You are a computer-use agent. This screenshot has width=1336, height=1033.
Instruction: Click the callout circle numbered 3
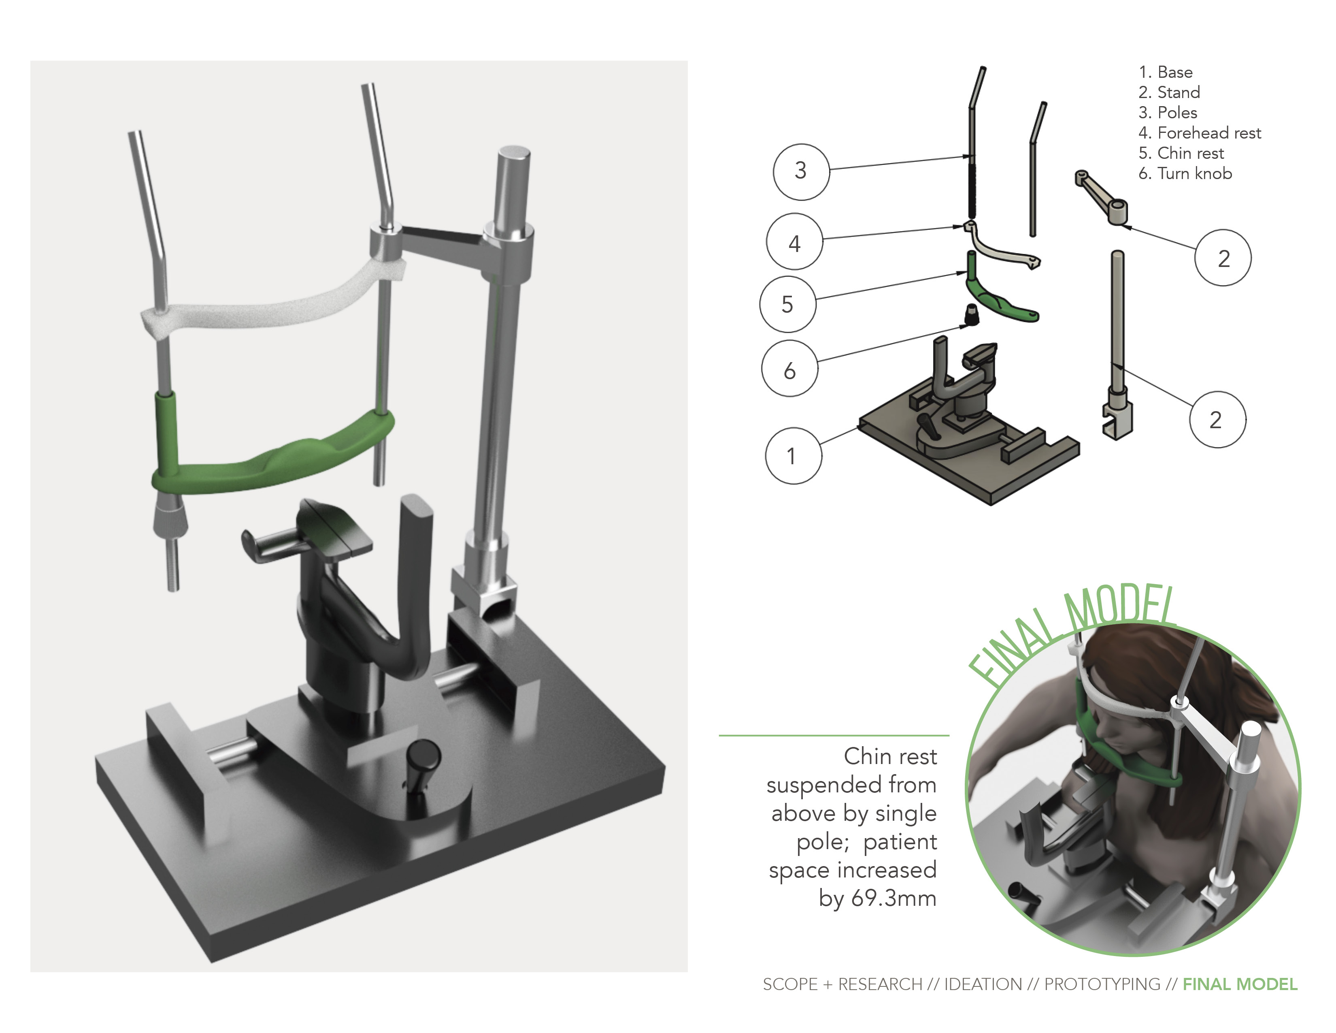tap(801, 171)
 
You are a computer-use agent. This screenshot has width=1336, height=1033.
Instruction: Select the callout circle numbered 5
tap(787, 304)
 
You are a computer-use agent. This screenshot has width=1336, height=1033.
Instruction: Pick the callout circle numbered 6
tap(789, 369)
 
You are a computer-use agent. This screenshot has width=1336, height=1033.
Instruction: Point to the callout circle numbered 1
tap(793, 456)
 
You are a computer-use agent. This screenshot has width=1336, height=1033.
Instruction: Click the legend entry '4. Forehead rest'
tap(1199, 133)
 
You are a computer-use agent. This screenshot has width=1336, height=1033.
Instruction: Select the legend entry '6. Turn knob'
tap(1185, 174)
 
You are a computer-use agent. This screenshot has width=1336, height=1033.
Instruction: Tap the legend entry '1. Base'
tap(1165, 72)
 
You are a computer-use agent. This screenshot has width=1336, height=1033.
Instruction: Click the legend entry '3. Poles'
tap(1167, 113)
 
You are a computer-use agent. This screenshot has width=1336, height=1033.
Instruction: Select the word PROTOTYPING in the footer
tap(1102, 984)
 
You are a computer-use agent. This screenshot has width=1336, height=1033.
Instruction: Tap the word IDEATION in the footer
tap(983, 984)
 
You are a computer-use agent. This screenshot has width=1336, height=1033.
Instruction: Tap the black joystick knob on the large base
tap(423, 759)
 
